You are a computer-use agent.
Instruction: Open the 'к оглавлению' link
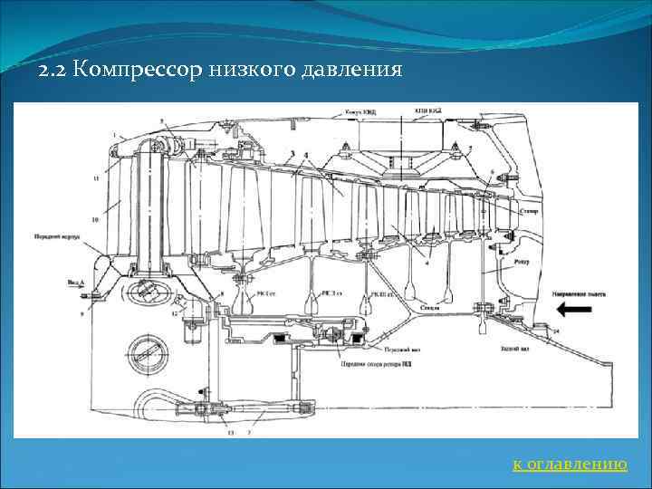tap(570, 465)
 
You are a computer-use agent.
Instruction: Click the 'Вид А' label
tap(75, 283)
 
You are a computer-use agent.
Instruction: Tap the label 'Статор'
tap(531, 211)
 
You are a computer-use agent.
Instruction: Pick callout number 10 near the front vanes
tap(95, 220)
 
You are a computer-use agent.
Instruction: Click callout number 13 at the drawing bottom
tap(229, 433)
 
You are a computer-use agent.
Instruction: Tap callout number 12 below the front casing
tap(174, 313)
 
